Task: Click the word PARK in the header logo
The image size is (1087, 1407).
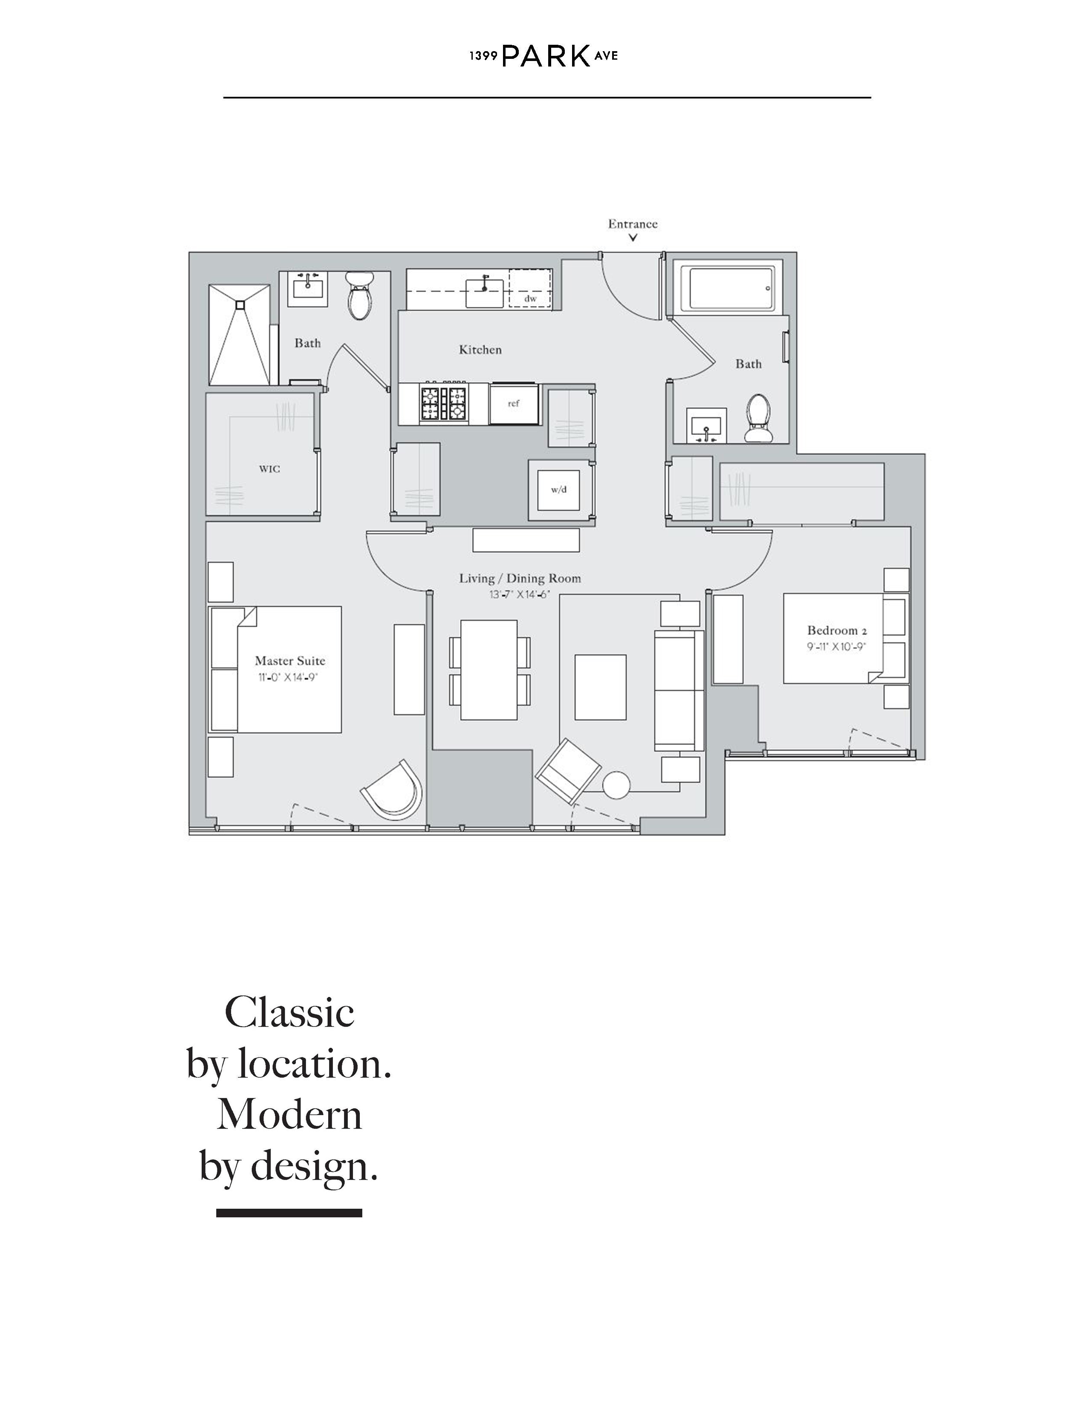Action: click(545, 56)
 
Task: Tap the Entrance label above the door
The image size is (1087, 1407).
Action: click(632, 224)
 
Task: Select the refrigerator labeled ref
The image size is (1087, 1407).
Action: click(513, 404)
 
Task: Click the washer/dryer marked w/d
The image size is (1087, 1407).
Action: click(558, 489)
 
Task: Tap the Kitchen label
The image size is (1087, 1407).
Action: click(480, 350)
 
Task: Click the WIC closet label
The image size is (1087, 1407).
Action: click(269, 469)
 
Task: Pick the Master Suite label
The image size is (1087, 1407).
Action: click(290, 661)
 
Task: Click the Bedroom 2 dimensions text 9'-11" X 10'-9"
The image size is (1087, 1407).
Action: click(836, 647)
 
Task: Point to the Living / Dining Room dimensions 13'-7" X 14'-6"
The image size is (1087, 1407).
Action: click(519, 595)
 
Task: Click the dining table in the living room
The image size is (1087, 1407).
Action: click(489, 670)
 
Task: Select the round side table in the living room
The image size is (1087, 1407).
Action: click(617, 785)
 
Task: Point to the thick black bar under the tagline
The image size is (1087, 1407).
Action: click(289, 1213)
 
